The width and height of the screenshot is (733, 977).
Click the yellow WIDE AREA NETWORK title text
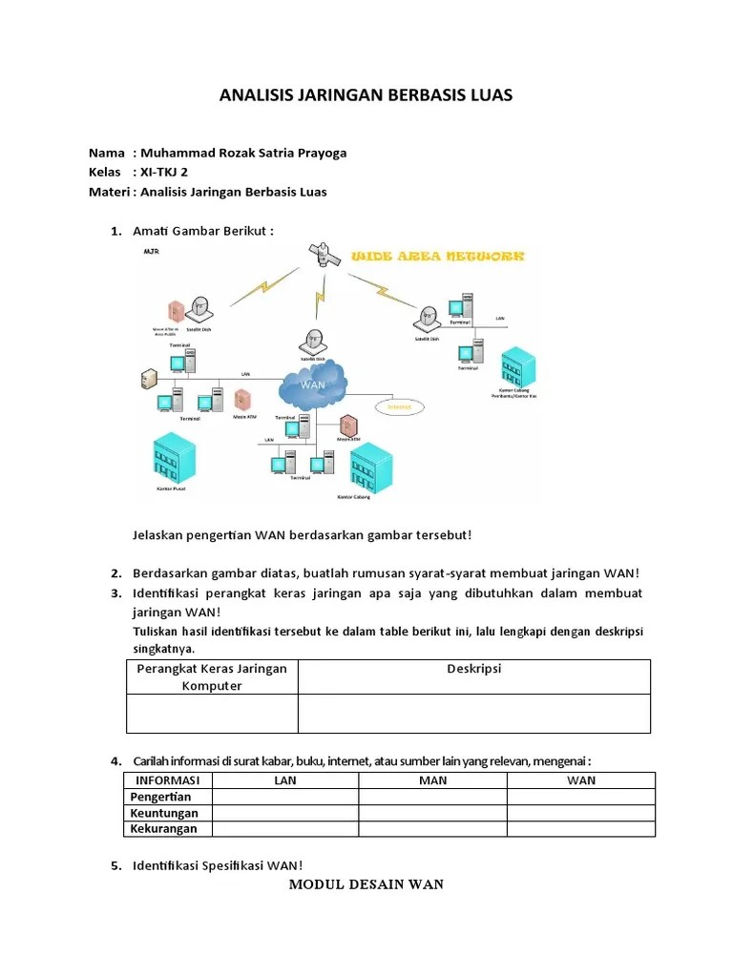[438, 257]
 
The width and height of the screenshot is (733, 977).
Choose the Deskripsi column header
[474, 669]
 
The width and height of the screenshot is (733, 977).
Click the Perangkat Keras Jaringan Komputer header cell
[212, 676]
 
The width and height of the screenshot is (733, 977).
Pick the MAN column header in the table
[432, 780]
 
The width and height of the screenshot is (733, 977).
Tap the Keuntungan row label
[164, 813]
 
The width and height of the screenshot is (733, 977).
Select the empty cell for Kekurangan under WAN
[580, 828]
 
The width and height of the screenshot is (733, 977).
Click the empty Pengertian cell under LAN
[285, 797]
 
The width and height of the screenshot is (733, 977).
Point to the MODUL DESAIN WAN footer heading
[366, 884]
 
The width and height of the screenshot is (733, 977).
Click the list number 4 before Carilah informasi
[115, 760]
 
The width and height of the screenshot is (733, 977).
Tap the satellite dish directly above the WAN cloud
[314, 341]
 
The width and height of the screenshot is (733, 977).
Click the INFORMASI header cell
[167, 780]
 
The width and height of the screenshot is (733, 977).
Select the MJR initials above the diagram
[151, 251]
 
